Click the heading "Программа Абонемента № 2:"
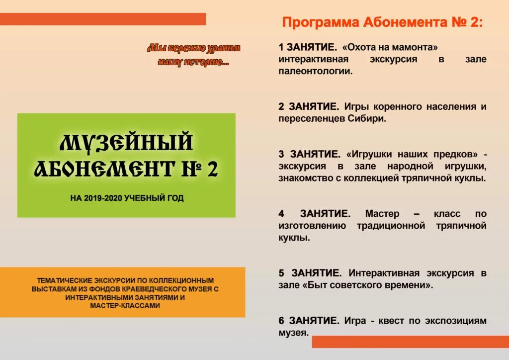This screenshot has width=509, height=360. (382, 22)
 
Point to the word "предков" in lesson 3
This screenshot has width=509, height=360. (453, 154)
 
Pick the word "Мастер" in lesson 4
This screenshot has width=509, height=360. (382, 214)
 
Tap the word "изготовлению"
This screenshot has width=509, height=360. (312, 226)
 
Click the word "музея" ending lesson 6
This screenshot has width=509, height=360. (293, 333)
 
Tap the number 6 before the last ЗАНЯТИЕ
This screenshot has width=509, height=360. (281, 321)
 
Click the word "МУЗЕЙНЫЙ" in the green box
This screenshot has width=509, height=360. (126, 142)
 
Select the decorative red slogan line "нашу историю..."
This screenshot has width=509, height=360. (193, 62)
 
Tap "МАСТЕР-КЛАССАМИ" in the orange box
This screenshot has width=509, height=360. (125, 306)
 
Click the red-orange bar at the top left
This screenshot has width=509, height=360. (103, 19)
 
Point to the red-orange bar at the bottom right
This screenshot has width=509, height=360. (410, 342)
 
